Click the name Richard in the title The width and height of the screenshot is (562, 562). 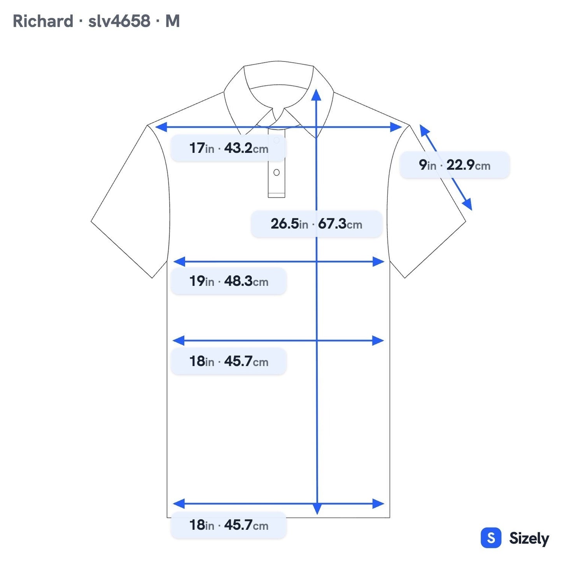tap(43, 21)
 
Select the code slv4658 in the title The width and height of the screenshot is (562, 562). tap(119, 21)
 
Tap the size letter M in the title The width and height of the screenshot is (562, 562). tap(172, 21)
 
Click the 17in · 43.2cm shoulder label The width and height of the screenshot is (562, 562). tap(228, 148)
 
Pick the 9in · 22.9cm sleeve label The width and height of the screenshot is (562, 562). tap(454, 165)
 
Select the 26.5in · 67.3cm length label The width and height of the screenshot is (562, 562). tap(317, 224)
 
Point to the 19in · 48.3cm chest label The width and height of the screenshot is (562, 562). tap(228, 281)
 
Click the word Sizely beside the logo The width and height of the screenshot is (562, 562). tap(529, 538)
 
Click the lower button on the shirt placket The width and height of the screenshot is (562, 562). tap(277, 172)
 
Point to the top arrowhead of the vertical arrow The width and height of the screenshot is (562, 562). tap(316, 95)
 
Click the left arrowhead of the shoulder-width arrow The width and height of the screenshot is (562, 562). tap(161, 127)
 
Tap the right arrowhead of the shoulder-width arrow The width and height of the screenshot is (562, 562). tap(396, 127)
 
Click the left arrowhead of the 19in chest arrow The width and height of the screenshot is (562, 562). tap(179, 262)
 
